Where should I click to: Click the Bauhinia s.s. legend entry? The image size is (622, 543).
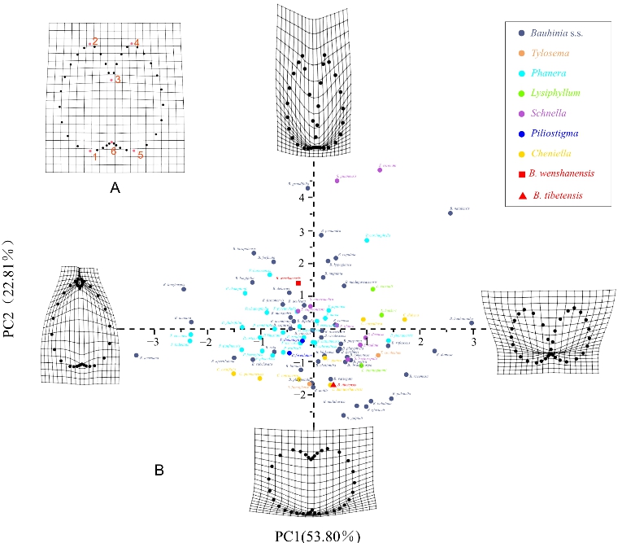[556, 33]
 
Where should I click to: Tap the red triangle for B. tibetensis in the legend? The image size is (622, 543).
[520, 196]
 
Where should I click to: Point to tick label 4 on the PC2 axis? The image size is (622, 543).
[301, 197]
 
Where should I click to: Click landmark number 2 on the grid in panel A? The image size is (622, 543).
[95, 41]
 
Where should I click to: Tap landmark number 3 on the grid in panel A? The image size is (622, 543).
[117, 79]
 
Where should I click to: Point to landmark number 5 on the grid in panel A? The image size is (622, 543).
[140, 154]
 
